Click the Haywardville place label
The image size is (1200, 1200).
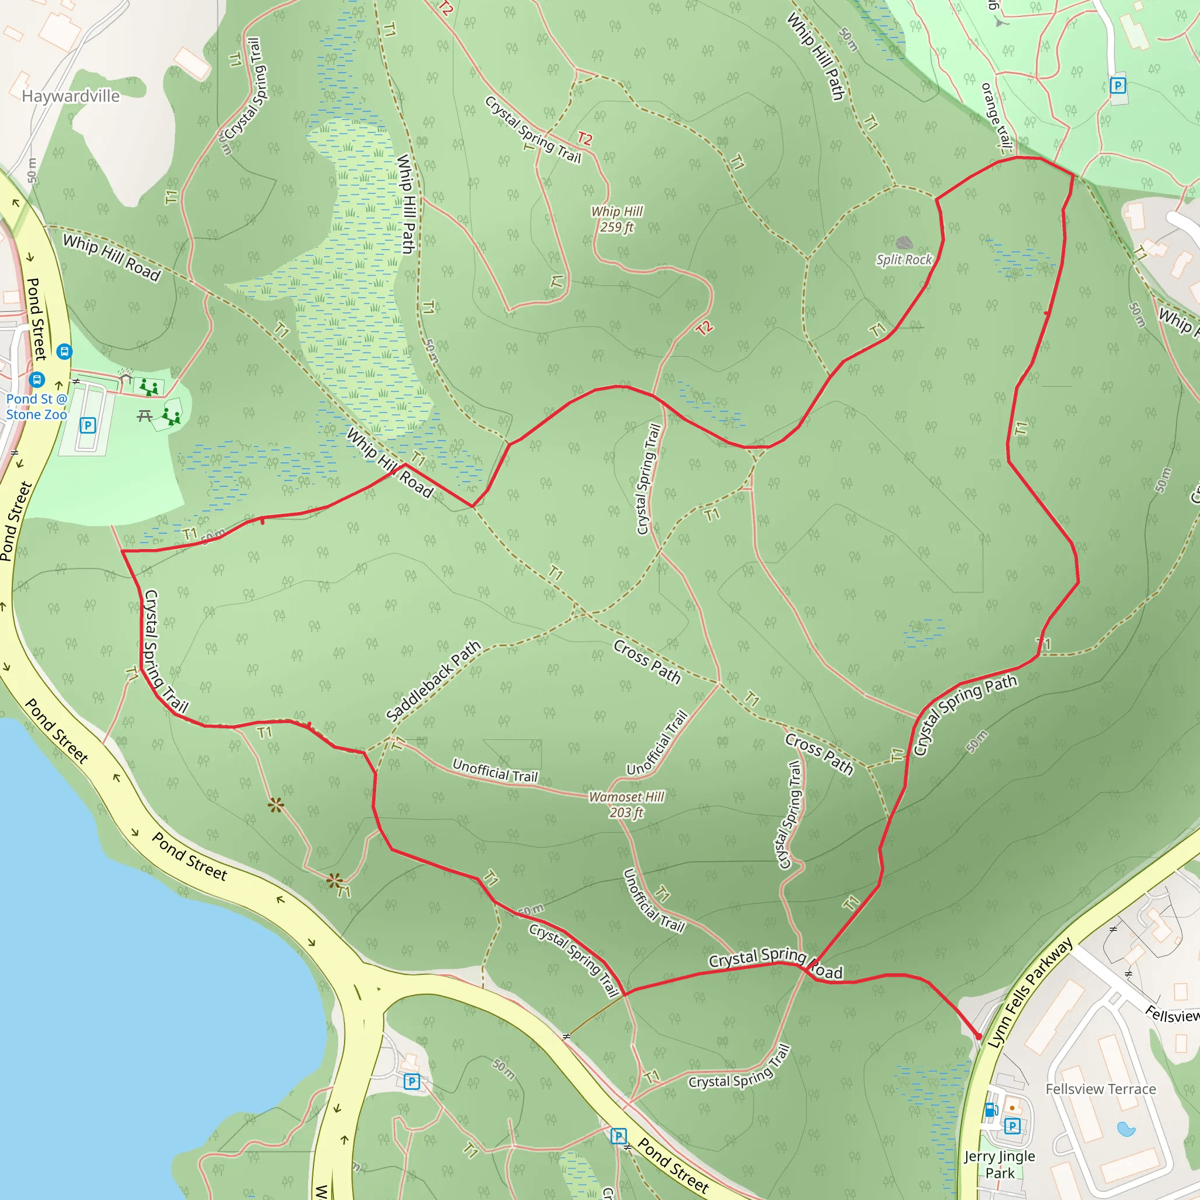71,96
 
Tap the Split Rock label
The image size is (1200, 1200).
904,260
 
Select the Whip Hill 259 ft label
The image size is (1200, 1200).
617,219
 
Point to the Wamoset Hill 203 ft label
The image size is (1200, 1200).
626,804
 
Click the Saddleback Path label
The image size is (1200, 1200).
434,681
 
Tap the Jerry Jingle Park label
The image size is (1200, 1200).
1000,1165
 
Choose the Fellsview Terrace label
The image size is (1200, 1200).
1100,1089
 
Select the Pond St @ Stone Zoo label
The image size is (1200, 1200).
36,407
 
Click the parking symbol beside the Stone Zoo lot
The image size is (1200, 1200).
87,425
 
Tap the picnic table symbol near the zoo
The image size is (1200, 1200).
145,415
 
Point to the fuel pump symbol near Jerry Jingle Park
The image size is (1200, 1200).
991,1109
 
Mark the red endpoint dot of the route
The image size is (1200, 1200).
979,1037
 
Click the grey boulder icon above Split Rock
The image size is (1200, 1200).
904,242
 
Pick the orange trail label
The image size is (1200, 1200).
996,118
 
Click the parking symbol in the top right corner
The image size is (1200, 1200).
1117,86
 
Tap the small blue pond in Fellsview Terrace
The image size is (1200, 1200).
1126,1129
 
